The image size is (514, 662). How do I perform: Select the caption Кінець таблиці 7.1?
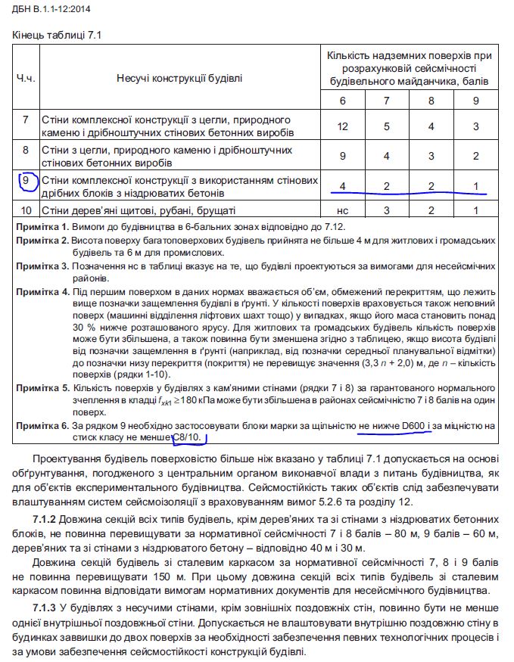(x=57, y=35)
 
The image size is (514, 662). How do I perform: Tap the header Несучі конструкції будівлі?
(x=179, y=78)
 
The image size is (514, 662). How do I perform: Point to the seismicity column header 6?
(x=343, y=101)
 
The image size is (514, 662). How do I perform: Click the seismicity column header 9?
(x=475, y=101)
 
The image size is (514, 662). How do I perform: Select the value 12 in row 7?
(x=343, y=126)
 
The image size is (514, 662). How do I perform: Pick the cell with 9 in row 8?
(x=343, y=156)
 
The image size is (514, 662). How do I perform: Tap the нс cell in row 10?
(x=343, y=210)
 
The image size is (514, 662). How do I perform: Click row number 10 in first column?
(x=26, y=210)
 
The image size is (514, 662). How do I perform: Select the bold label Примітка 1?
(x=42, y=226)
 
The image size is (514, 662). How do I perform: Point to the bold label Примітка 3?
(x=42, y=267)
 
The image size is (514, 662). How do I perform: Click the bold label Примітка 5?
(x=42, y=387)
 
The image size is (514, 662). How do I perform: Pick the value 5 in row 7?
(x=388, y=126)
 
